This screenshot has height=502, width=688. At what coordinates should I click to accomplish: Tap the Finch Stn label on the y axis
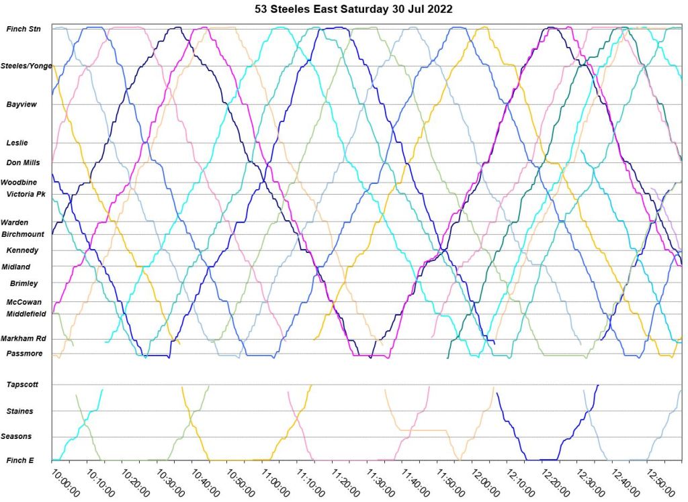(24, 29)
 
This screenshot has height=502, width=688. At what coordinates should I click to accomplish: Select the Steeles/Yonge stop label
(26, 66)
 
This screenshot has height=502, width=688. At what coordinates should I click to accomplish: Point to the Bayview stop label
(21, 105)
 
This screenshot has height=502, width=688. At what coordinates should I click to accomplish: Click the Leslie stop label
(17, 143)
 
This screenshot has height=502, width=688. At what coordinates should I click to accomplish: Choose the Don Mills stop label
(23, 162)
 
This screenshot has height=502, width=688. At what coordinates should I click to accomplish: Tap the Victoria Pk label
(26, 194)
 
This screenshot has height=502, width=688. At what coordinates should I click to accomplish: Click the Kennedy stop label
(22, 250)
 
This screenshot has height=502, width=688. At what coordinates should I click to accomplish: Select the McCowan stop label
(24, 302)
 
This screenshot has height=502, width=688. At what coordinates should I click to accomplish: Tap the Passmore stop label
(24, 354)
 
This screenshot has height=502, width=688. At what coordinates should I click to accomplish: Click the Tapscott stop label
(23, 385)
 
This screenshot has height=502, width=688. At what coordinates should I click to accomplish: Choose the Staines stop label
(19, 411)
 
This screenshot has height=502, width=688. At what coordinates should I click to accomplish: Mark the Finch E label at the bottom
(20, 460)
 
